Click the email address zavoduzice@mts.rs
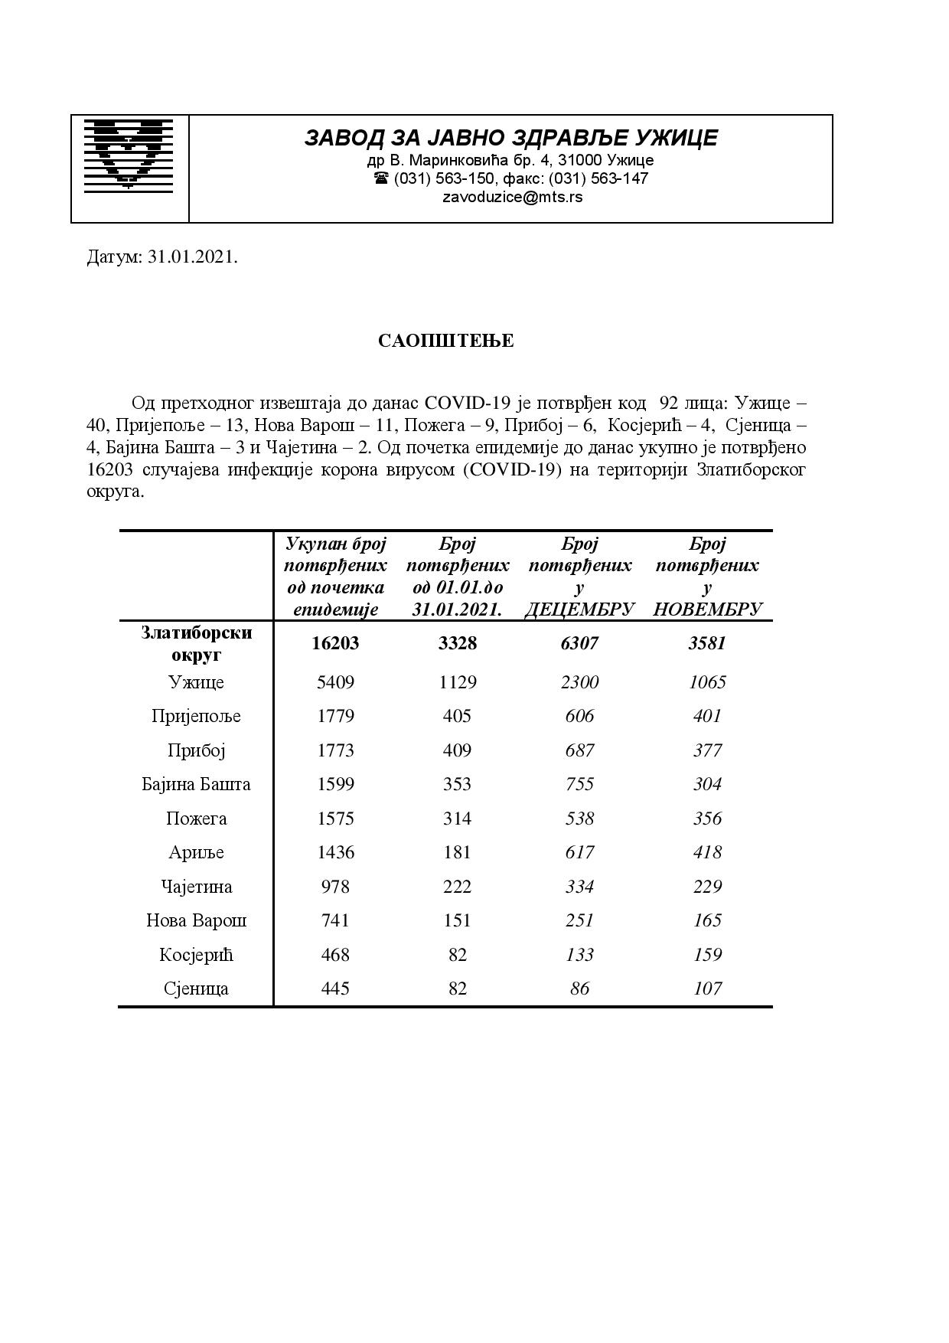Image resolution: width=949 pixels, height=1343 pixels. coord(512,197)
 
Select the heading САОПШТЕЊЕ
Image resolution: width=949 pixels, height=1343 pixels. coord(445,341)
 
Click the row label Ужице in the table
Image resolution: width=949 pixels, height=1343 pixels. coord(196,682)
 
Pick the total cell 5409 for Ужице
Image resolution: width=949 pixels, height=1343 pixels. coord(335,682)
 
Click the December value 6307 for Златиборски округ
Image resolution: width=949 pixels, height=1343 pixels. coord(579,643)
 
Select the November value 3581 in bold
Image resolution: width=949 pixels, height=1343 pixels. coord(706,643)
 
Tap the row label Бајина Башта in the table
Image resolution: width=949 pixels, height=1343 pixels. coord(196,784)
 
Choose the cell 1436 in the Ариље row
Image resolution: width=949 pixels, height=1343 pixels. coord(335,852)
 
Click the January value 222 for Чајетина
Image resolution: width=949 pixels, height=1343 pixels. coord(457,887)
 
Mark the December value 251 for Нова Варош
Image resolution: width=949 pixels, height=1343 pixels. coord(579,920)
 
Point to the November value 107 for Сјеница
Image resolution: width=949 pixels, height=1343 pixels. coord(707,988)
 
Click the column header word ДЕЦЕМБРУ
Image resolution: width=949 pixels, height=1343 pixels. coord(579,609)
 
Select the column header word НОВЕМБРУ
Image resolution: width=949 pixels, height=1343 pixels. coord(707,609)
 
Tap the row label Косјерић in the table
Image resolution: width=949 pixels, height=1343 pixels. coord(196,955)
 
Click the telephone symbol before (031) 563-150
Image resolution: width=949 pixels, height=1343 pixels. coord(380,178)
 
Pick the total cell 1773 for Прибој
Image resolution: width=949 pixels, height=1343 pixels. coord(335,750)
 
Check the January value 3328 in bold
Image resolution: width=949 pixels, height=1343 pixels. coord(457,643)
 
